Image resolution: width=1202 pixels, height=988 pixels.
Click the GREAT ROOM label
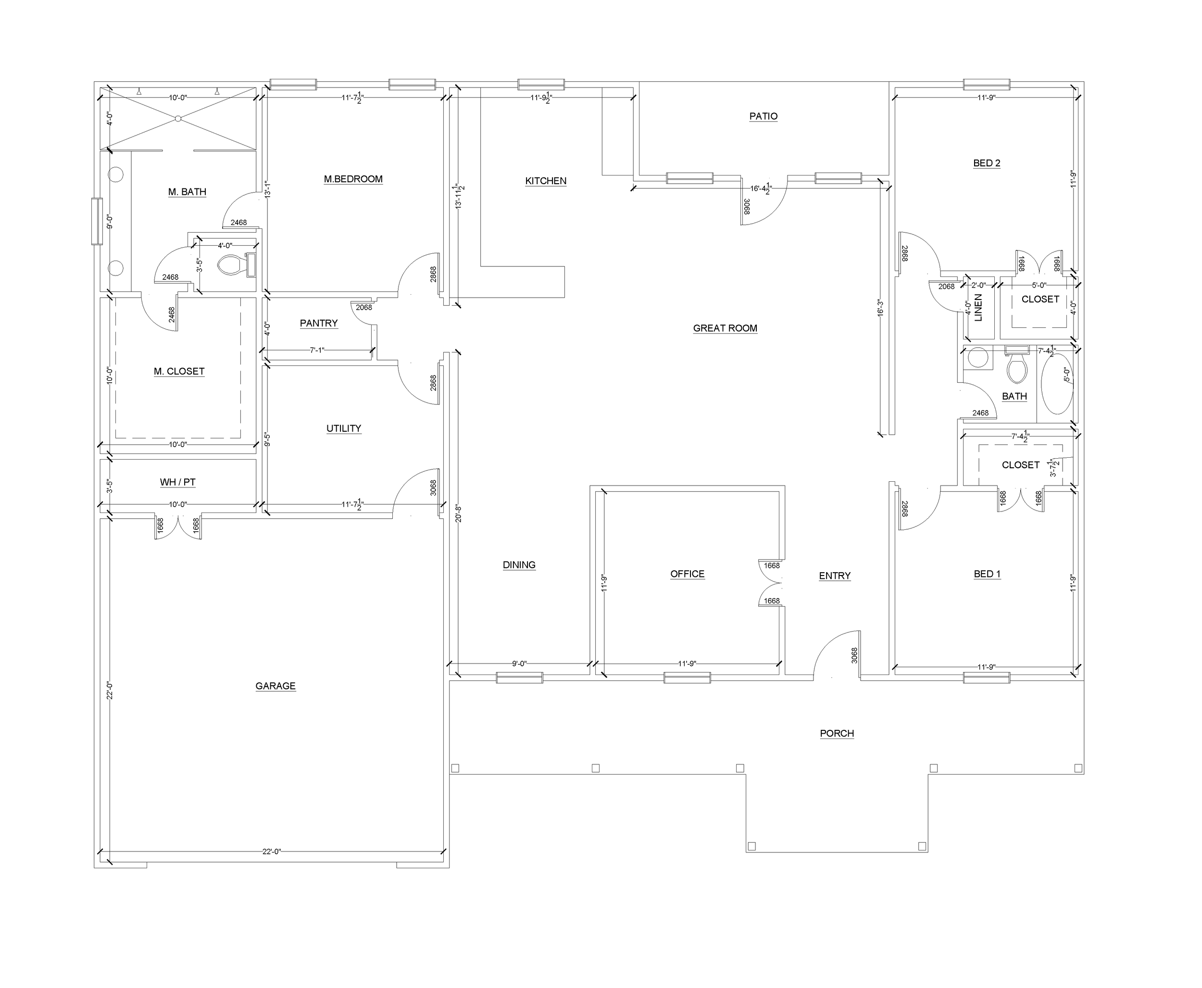pyautogui.click(x=725, y=328)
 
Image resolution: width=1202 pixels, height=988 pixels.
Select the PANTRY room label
pyautogui.click(x=319, y=323)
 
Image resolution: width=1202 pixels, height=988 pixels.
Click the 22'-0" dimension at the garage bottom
pyautogui.click(x=272, y=852)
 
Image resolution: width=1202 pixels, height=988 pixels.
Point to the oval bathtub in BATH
pyautogui.click(x=1056, y=385)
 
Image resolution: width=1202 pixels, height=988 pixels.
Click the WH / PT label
pyautogui.click(x=177, y=482)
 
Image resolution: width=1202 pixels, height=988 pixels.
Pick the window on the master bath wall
pyautogui.click(x=97, y=221)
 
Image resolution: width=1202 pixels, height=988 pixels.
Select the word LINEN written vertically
pyautogui.click(x=978, y=308)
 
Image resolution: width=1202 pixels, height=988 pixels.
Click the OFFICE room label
pyautogui.click(x=687, y=574)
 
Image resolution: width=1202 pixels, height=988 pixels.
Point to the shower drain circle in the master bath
pyautogui.click(x=178, y=118)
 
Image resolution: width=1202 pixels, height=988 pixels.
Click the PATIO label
pyautogui.click(x=763, y=116)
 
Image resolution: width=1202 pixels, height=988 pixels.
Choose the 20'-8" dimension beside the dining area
pyautogui.click(x=458, y=513)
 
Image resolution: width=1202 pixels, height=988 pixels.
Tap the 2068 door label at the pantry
pyautogui.click(x=363, y=307)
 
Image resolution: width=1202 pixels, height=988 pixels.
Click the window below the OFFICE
pyautogui.click(x=687, y=677)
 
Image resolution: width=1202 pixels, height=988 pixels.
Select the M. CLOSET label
pyautogui.click(x=179, y=371)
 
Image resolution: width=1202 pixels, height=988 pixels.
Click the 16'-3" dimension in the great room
pyautogui.click(x=880, y=308)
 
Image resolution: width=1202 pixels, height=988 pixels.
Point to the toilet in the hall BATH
pyautogui.click(x=1016, y=367)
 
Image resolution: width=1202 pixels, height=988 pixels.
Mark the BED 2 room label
pyautogui.click(x=986, y=163)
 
